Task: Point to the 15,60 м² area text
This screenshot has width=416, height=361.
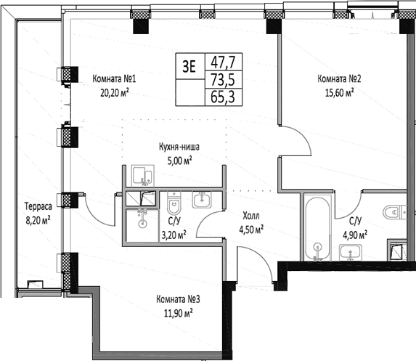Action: click(x=339, y=92)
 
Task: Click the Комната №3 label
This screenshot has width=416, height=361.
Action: click(x=177, y=300)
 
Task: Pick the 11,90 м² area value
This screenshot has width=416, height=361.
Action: click(x=177, y=313)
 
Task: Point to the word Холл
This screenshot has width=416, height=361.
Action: click(x=251, y=216)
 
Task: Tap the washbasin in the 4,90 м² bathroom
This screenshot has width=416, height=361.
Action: click(x=352, y=252)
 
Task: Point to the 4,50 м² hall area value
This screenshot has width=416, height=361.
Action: click(x=251, y=228)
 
